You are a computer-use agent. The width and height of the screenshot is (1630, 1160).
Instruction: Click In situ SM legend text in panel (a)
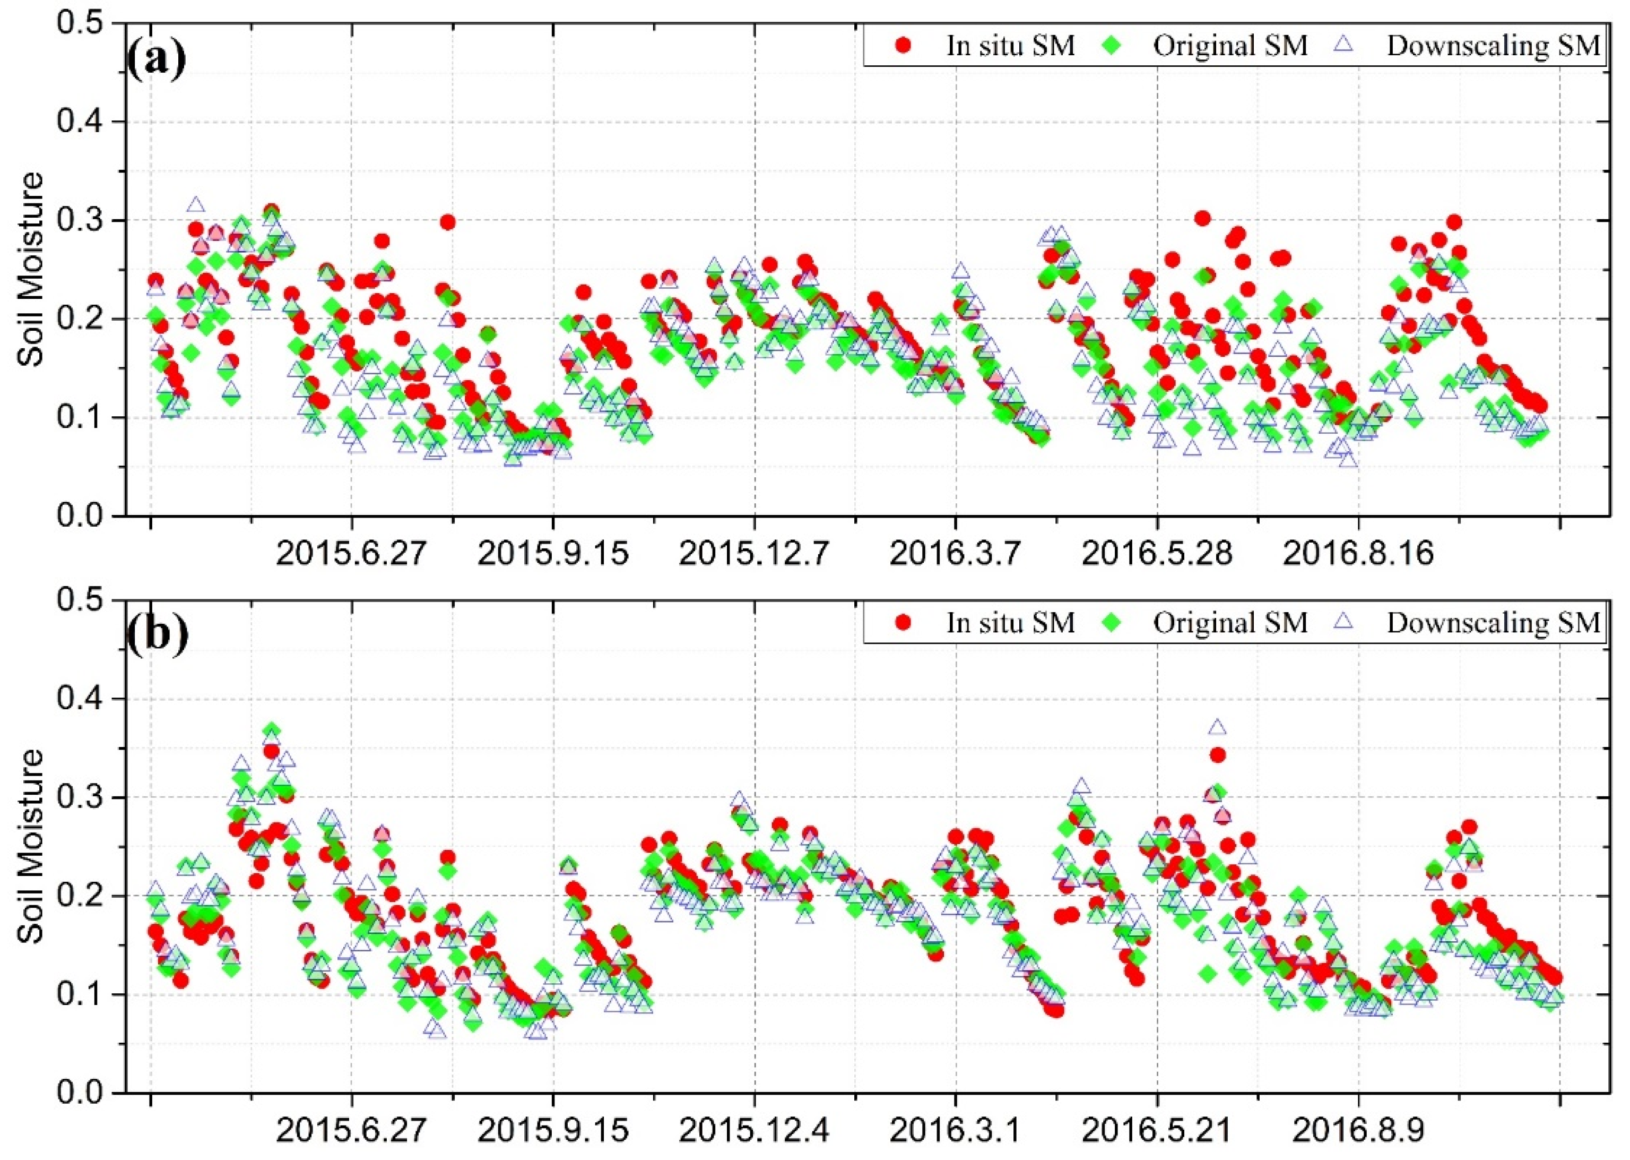1010,46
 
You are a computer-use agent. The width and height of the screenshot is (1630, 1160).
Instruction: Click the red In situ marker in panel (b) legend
904,623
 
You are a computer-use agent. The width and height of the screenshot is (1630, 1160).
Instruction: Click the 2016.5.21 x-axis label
1157,1131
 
